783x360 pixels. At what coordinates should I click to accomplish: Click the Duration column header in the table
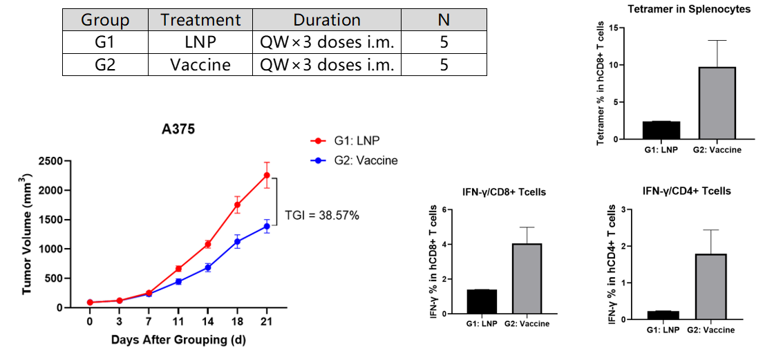327,20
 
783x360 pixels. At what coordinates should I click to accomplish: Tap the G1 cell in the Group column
105,42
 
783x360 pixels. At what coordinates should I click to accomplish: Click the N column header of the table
444,20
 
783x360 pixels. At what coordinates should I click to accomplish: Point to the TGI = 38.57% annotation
322,216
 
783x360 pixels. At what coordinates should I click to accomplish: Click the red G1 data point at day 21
267,175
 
